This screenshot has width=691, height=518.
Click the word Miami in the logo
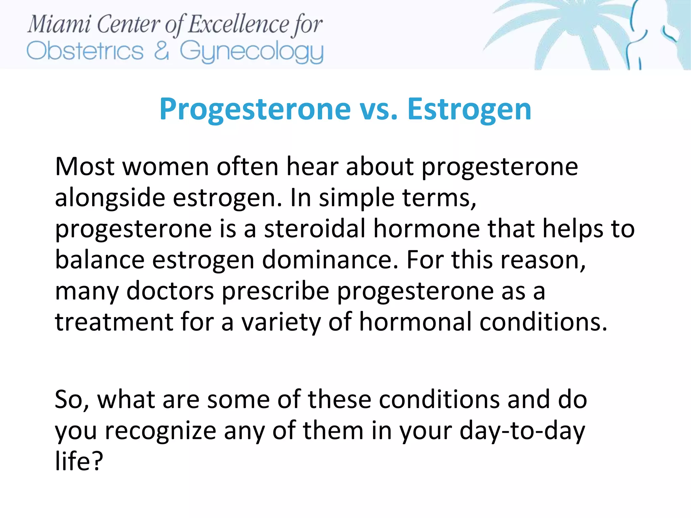click(x=59, y=25)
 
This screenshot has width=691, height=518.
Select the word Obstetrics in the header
click(x=85, y=51)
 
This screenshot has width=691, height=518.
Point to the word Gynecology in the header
click(x=251, y=52)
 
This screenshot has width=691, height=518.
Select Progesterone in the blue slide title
click(x=255, y=109)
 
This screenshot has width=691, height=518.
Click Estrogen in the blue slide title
click(x=469, y=110)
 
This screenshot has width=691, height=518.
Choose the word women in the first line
click(x=166, y=167)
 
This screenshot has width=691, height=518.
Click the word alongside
click(x=110, y=198)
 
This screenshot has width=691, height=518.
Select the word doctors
click(x=170, y=291)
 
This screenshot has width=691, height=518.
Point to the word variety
click(x=281, y=322)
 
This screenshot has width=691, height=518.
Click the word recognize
click(x=161, y=431)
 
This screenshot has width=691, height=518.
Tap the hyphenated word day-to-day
click(x=522, y=431)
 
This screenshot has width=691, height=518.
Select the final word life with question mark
click(x=79, y=461)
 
